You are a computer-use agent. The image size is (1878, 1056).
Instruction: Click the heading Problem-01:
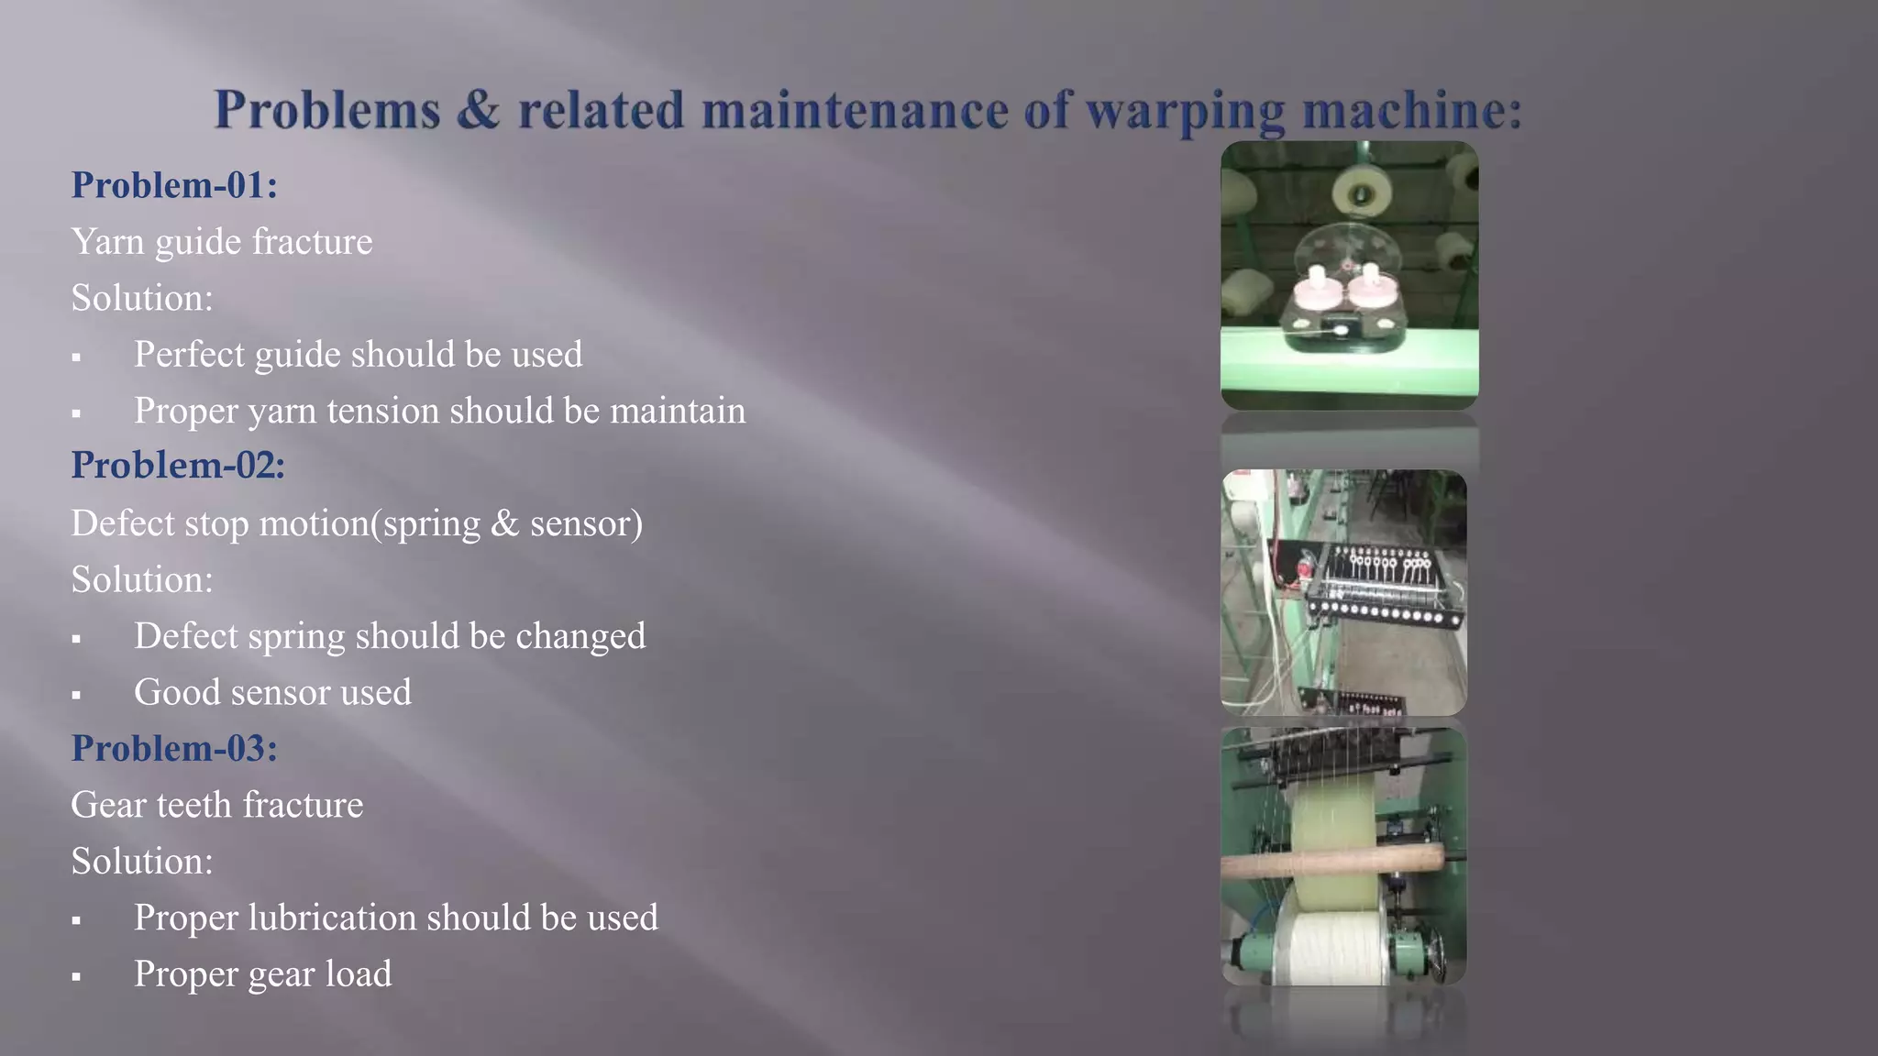pos(174,185)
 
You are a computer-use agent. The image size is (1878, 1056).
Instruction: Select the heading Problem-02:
pos(178,466)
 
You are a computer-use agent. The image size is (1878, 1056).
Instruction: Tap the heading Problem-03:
pos(174,748)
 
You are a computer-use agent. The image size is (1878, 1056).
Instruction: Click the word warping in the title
pos(1184,111)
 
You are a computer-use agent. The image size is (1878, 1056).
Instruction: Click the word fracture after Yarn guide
pos(312,242)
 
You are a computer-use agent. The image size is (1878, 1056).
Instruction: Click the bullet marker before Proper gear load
pos(76,977)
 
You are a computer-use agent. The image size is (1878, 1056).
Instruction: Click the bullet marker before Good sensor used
pos(76,696)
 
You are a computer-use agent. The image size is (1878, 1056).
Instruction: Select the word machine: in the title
pos(1411,111)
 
